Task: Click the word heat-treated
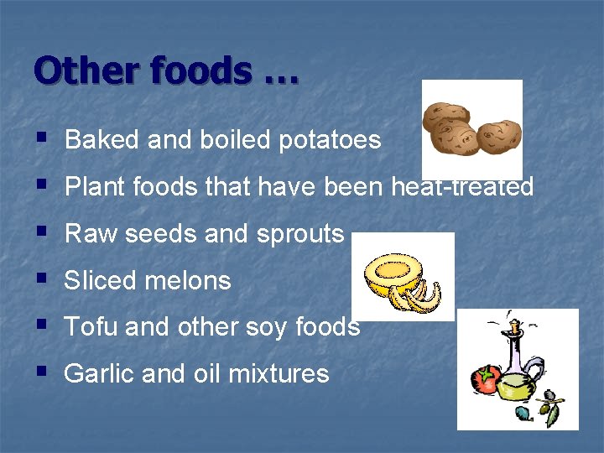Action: pos(462,187)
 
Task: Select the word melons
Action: pos(191,280)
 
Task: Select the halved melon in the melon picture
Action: pos(390,273)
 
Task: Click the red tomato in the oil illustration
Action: pos(487,378)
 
